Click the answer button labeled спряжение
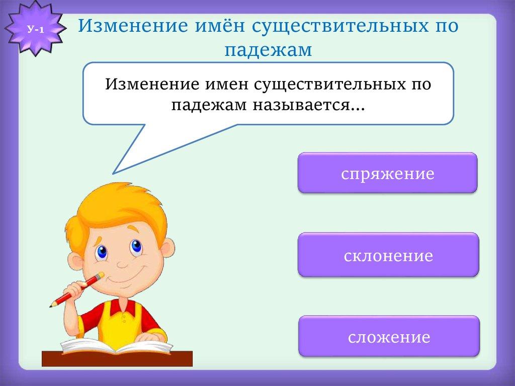(387, 174)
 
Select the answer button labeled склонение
(388, 255)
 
